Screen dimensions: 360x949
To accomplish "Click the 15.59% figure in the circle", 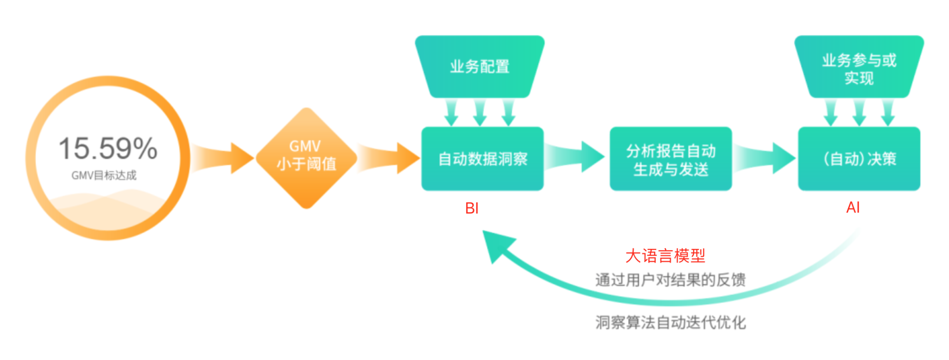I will click(x=108, y=149).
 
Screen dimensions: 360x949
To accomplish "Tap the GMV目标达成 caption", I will click(x=104, y=176).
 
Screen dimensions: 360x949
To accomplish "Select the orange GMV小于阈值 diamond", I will click(x=306, y=158).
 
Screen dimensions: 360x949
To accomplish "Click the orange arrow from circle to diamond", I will click(x=222, y=158).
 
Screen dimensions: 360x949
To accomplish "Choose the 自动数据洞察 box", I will click(x=482, y=159).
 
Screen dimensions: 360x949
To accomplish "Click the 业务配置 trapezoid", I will click(x=480, y=67).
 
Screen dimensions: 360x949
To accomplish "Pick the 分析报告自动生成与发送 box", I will click(x=671, y=159).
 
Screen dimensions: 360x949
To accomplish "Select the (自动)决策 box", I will click(x=859, y=159).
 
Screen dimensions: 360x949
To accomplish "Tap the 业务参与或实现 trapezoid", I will click(x=859, y=68).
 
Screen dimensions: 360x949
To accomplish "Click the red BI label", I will click(x=472, y=208).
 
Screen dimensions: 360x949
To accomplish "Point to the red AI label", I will click(x=853, y=208).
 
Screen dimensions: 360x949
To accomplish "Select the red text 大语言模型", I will click(x=665, y=256).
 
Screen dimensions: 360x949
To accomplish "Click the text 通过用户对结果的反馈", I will click(x=670, y=280).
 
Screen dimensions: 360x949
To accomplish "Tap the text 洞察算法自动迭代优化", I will click(x=670, y=322).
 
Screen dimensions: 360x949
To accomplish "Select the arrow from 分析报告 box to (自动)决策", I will click(x=765, y=158).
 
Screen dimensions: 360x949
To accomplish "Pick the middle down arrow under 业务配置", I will click(x=480, y=112).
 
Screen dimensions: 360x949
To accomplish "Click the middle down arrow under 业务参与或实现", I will click(x=859, y=112).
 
